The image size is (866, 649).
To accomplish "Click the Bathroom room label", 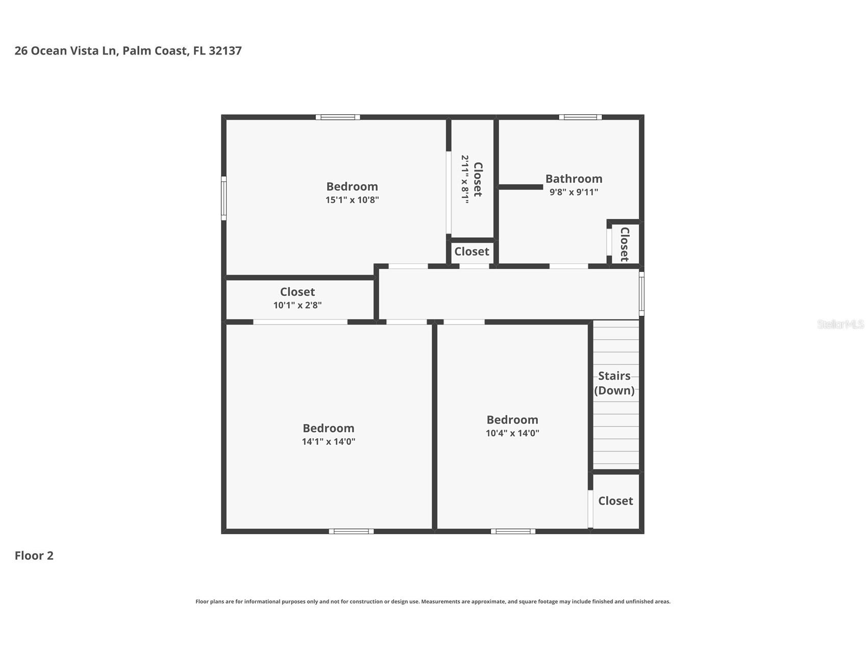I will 574,179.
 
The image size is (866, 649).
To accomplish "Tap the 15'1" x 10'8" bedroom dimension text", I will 352,200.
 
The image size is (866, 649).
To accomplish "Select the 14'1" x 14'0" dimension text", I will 328,442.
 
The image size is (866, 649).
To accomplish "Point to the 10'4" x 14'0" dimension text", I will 512,433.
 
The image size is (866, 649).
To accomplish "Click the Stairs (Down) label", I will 614,383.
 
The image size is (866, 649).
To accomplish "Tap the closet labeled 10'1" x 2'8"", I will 298,298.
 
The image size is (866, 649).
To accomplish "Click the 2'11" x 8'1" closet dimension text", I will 464,180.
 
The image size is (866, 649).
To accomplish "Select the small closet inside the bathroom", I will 625,244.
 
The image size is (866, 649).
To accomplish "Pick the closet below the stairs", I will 615,501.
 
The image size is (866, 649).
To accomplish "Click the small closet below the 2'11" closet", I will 472,252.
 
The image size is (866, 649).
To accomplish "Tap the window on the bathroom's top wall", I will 580,117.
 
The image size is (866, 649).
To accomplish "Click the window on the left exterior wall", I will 224,198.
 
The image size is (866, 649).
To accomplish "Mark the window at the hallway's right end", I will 641,293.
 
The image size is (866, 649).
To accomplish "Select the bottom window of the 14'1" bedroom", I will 351,531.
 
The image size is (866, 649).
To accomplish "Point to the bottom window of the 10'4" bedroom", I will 513,531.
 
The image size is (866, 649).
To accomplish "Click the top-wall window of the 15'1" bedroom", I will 338,117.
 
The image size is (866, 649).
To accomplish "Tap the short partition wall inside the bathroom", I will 521,187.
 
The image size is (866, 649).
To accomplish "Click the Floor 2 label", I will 34,556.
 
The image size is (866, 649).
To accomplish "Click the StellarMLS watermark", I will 840,324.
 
